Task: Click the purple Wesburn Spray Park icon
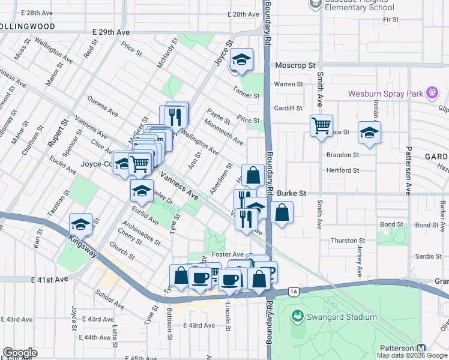pos(432,93)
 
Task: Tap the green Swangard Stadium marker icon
pos(297,316)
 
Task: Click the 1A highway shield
pos(293,292)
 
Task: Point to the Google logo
pos(19,353)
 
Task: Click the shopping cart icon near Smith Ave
pos(321,126)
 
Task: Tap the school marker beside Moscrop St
pos(241,60)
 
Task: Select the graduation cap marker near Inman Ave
pos(369,133)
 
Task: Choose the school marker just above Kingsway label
pos(80,225)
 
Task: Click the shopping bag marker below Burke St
pos(281,212)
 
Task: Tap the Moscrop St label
pos(295,65)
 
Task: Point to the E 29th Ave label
pos(111,31)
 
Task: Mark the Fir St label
pos(391,19)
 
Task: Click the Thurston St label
pos(344,240)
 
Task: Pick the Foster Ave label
pos(231,254)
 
